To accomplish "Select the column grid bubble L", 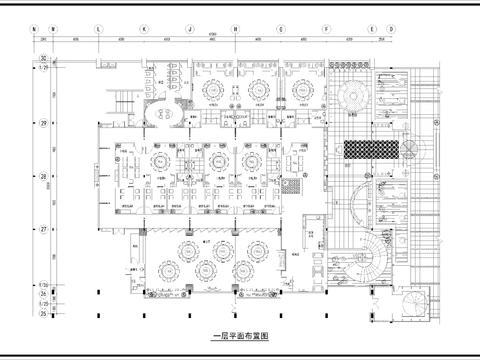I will [x=98, y=29].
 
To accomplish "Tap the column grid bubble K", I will [x=144, y=29].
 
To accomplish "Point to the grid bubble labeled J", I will [x=189, y=29].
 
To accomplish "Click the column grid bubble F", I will [x=326, y=29].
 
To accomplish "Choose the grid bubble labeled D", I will [x=390, y=29].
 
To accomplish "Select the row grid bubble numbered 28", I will [x=43, y=177].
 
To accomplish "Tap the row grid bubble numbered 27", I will [x=43, y=230].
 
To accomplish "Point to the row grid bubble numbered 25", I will [x=43, y=312].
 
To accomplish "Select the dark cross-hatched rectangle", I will [x=372, y=150].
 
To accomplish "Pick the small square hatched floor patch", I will [x=291, y=185].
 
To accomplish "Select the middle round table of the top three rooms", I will [x=257, y=91].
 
